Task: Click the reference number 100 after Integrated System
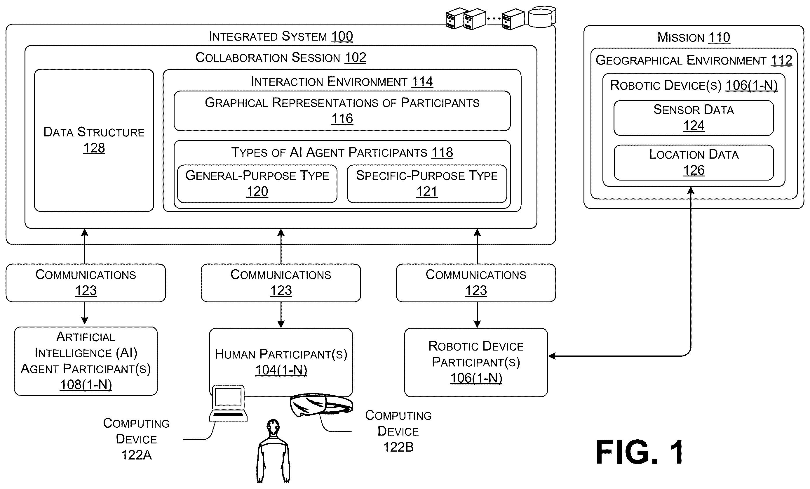342,36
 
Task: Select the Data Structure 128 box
94,140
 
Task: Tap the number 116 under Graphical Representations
342,119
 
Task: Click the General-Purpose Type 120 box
257,184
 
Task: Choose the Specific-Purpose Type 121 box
427,184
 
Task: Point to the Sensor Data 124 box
694,118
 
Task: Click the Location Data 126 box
694,162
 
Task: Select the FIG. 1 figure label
639,452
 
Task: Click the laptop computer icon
229,403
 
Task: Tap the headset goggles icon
321,405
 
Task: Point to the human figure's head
273,426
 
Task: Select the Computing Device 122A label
136,439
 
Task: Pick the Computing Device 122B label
398,431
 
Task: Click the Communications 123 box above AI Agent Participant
86,283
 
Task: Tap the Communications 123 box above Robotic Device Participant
476,283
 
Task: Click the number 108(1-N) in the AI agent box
86,384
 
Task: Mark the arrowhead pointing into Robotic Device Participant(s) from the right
552,356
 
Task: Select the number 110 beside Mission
719,37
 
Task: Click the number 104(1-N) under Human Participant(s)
281,370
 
